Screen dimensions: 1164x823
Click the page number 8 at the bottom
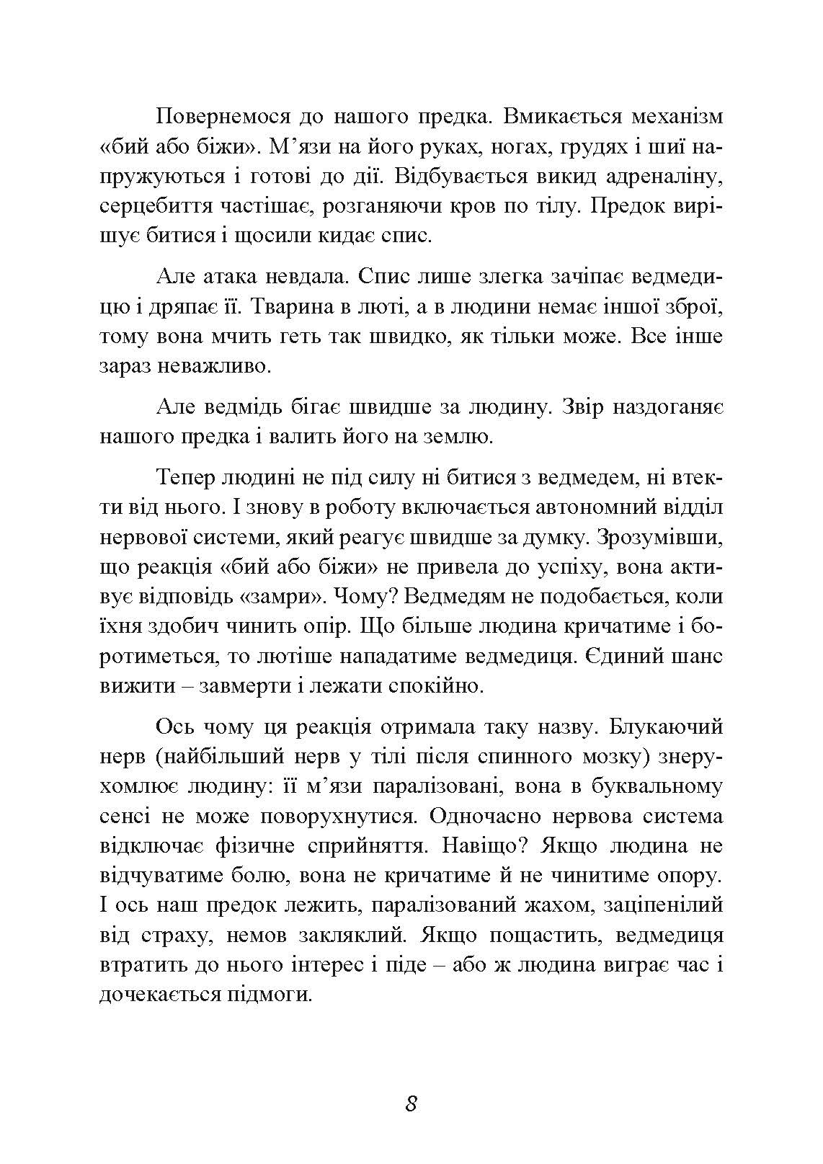(x=411, y=1103)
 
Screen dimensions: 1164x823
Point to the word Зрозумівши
(x=659, y=536)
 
